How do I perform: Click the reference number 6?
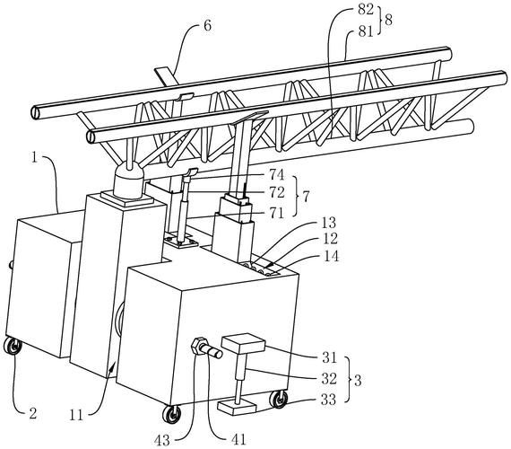pos(208,25)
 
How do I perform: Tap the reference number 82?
pos(366,10)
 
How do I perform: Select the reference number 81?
pos(366,31)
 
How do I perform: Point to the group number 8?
pos(388,21)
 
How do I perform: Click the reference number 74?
pos(277,175)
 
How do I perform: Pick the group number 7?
pos(306,197)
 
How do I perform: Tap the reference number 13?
pos(329,223)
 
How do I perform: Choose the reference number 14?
pos(331,256)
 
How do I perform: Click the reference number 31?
pos(329,358)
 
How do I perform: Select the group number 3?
pos(358,381)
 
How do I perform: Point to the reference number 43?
pos(162,441)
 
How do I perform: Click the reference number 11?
pos(76,416)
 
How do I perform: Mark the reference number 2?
pos(33,414)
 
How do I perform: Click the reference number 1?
pos(35,158)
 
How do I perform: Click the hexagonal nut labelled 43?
pos(198,347)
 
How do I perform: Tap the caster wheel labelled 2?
pos(13,347)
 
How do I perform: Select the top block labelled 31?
pos(243,344)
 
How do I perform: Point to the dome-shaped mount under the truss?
pos(128,180)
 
